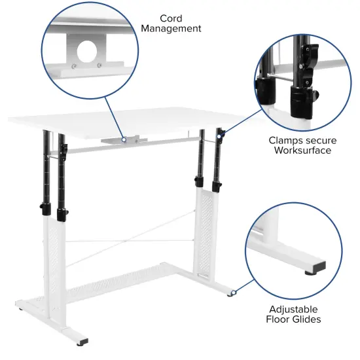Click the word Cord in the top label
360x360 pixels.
(x=170, y=18)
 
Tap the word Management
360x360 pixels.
(x=170, y=29)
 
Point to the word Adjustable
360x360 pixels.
(x=295, y=309)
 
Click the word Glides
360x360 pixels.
(x=307, y=319)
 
